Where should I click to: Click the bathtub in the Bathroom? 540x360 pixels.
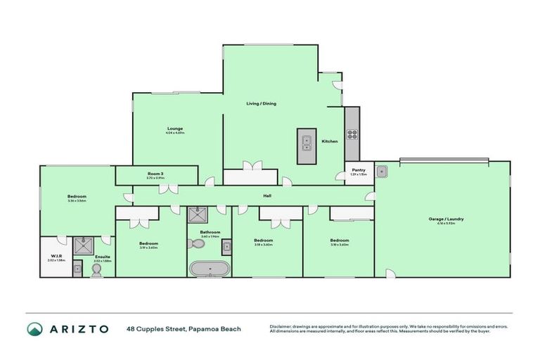click(x=208, y=268)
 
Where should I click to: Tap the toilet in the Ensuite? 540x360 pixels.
click(x=96, y=268)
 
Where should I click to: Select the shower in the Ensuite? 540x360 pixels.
click(x=85, y=245)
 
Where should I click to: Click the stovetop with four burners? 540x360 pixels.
click(x=352, y=134)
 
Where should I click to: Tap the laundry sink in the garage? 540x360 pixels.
click(x=381, y=170)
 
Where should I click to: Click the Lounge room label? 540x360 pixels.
click(x=175, y=129)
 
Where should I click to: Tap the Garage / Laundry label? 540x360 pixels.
click(x=446, y=219)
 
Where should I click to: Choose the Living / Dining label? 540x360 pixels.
click(x=261, y=103)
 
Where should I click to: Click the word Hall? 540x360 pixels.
click(x=267, y=196)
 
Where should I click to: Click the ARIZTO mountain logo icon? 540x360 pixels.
click(x=34, y=328)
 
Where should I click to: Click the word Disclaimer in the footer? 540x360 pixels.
click(x=282, y=326)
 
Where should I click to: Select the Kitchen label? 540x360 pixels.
click(x=330, y=141)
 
